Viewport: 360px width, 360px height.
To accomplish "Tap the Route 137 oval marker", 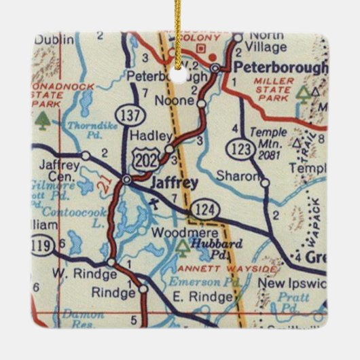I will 128,116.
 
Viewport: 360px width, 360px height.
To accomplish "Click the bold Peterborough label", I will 278,68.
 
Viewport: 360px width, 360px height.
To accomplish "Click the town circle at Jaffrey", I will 127,180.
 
